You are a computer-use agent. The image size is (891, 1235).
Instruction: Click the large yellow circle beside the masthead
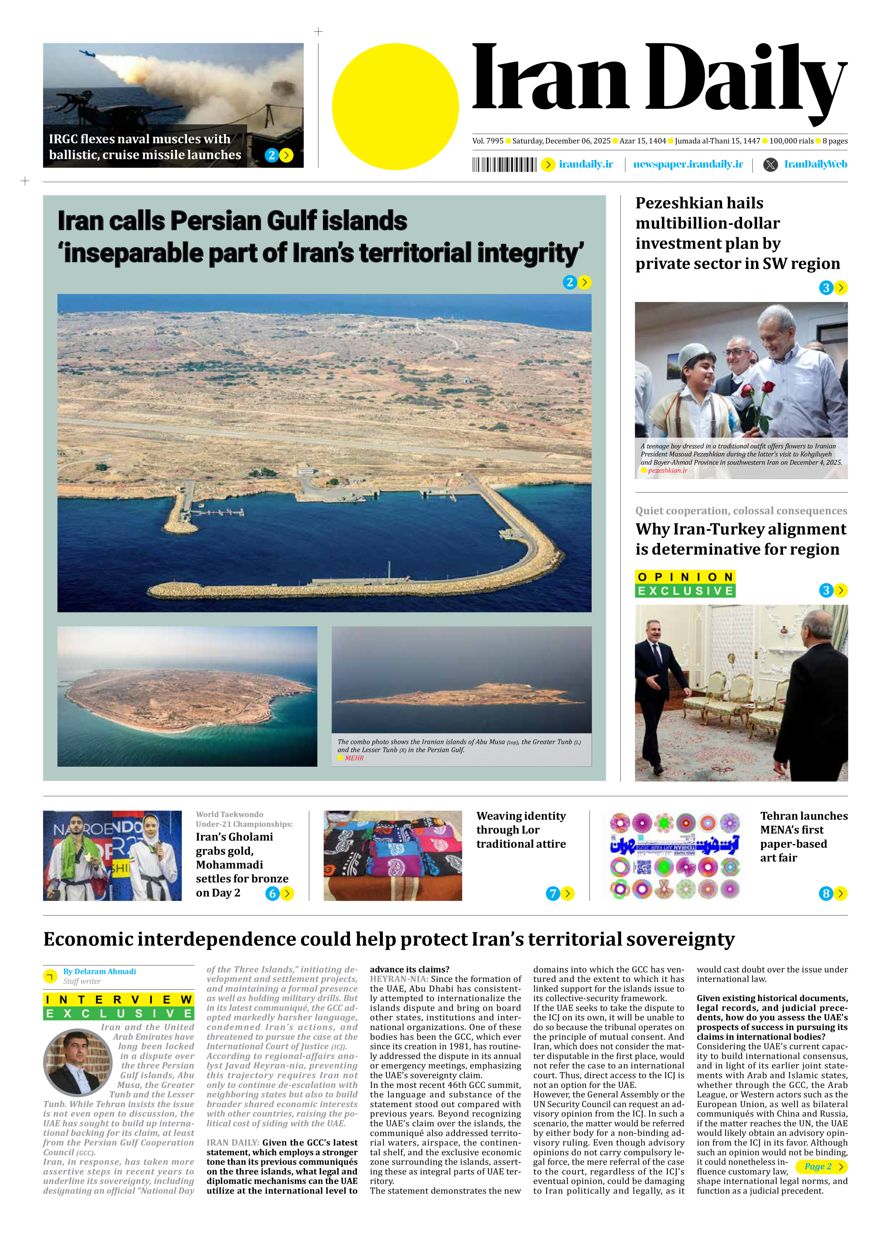coord(395,107)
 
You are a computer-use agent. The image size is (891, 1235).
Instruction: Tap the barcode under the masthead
coord(504,165)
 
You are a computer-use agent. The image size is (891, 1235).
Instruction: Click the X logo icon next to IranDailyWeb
coord(770,165)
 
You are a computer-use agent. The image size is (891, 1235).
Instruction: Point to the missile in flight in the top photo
coord(87,53)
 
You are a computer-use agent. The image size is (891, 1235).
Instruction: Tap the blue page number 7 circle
coord(552,893)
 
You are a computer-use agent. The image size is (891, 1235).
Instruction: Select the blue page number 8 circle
coord(826,893)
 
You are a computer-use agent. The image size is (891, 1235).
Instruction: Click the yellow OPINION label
coord(685,577)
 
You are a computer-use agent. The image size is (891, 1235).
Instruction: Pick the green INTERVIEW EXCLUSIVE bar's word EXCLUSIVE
coord(119,1013)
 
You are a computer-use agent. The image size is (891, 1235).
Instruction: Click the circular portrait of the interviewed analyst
coord(78,1062)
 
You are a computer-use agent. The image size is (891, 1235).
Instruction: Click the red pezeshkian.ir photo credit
coord(667,470)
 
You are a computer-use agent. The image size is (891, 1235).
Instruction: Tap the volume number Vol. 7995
coord(488,141)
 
